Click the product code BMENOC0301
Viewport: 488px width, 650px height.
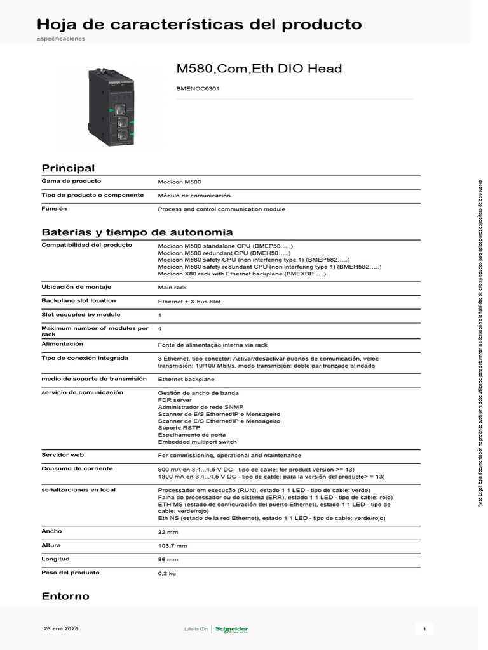(198, 89)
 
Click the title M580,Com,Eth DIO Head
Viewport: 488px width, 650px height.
(259, 69)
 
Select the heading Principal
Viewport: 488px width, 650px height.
(68, 168)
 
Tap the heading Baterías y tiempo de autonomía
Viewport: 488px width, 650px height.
(137, 232)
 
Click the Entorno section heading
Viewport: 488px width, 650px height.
(65, 596)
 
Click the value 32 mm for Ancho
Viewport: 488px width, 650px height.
(168, 532)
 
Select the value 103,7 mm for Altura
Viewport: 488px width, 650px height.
(172, 546)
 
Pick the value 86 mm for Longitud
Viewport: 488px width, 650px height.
(168, 560)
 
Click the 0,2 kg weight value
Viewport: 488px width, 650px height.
(166, 574)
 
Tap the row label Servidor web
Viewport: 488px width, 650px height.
(63, 454)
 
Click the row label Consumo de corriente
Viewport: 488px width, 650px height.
(77, 468)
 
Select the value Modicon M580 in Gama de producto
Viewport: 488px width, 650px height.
(179, 182)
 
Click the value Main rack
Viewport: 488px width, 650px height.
(172, 288)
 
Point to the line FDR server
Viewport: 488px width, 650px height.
(174, 400)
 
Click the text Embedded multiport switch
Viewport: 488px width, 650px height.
(197, 442)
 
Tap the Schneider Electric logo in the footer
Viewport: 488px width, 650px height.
(231, 629)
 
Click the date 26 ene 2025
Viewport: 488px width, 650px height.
(61, 628)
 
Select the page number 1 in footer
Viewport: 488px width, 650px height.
(424, 628)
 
